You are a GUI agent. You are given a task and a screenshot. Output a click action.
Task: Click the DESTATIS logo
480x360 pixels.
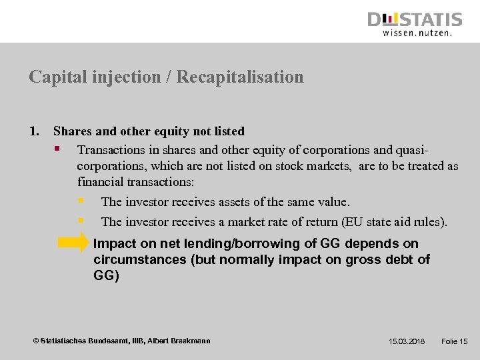pos(415,19)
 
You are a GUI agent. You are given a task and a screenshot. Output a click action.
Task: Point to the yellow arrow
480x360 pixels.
pos(73,243)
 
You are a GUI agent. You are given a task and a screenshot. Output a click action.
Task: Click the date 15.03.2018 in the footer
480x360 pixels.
pos(407,341)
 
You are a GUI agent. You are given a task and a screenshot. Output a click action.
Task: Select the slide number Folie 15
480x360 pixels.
pos(455,341)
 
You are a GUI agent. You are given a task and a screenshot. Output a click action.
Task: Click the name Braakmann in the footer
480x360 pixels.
pos(190,341)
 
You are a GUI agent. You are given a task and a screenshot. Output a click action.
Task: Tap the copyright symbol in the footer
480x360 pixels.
pos(36,341)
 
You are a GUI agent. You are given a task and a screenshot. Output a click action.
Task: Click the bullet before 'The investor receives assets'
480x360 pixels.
pos(81,201)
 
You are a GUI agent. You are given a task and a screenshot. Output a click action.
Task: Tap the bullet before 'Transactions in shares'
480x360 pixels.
pos(58,148)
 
